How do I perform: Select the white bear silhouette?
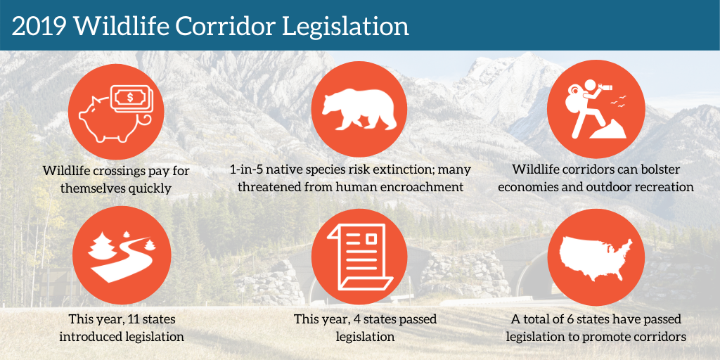tap(359, 110)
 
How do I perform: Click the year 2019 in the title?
tap(39, 27)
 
